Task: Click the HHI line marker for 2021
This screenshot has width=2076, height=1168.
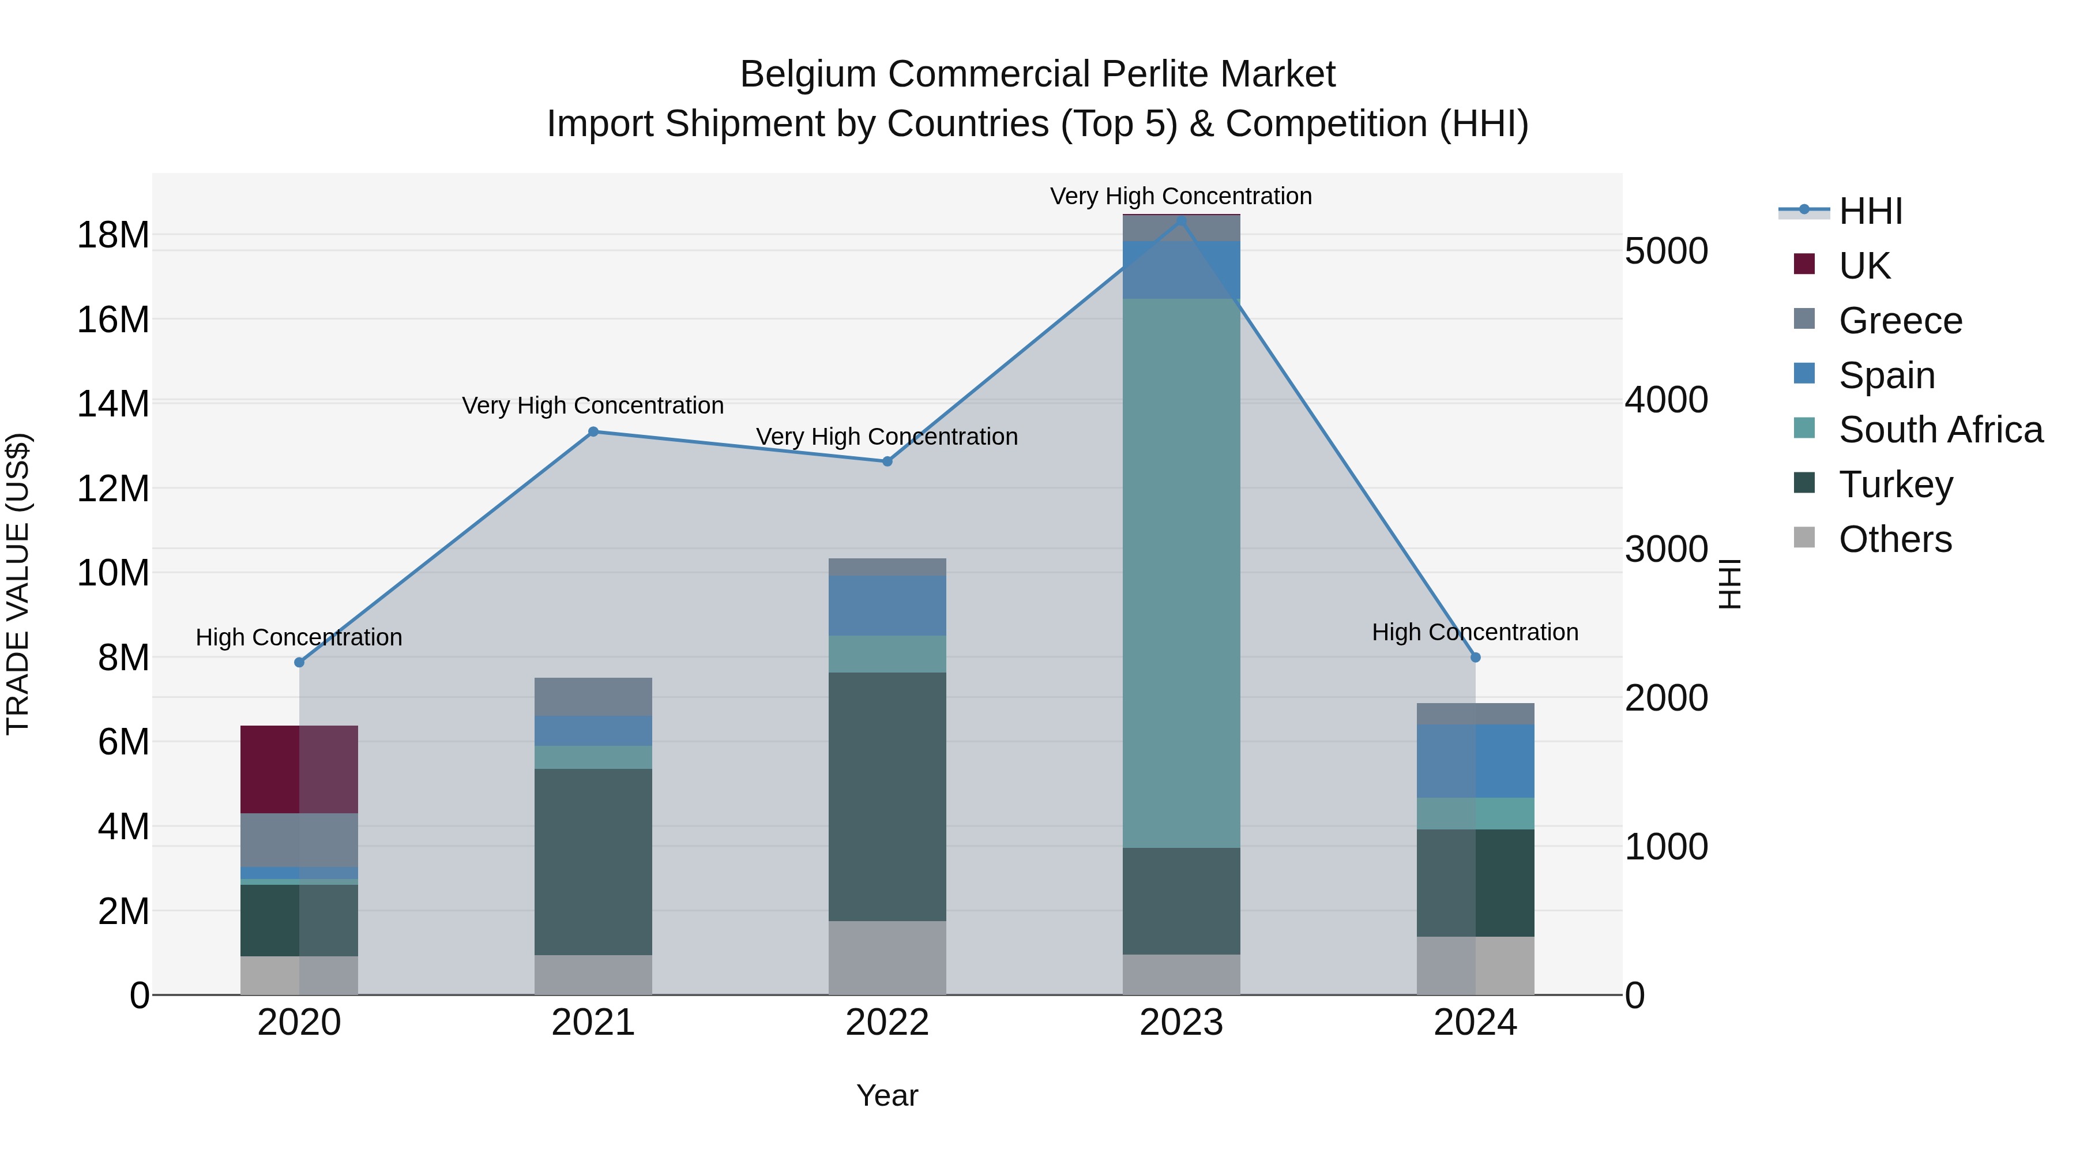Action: tap(593, 432)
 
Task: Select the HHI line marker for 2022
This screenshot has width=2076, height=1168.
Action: tap(887, 462)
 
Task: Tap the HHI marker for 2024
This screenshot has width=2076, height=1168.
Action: tap(1476, 658)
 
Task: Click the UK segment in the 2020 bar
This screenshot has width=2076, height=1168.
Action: tap(299, 770)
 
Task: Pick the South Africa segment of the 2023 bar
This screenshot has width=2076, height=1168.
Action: tap(1182, 572)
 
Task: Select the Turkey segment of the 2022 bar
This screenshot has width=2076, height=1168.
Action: tap(887, 797)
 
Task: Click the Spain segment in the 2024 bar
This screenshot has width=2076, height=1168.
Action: tap(1476, 761)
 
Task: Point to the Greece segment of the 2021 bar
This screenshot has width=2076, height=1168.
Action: tap(593, 696)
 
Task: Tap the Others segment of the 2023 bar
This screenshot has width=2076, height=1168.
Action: tap(1182, 975)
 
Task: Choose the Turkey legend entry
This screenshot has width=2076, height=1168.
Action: tap(1895, 485)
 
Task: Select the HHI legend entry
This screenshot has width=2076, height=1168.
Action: tap(1870, 211)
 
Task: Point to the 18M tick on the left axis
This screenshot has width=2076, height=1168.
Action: tap(113, 235)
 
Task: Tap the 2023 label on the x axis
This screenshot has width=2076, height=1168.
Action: tap(1182, 1023)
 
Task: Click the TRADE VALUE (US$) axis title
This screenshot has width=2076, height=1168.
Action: tap(18, 584)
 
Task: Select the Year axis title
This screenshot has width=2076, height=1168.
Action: tap(887, 1095)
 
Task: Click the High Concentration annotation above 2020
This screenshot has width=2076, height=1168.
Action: tap(299, 637)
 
